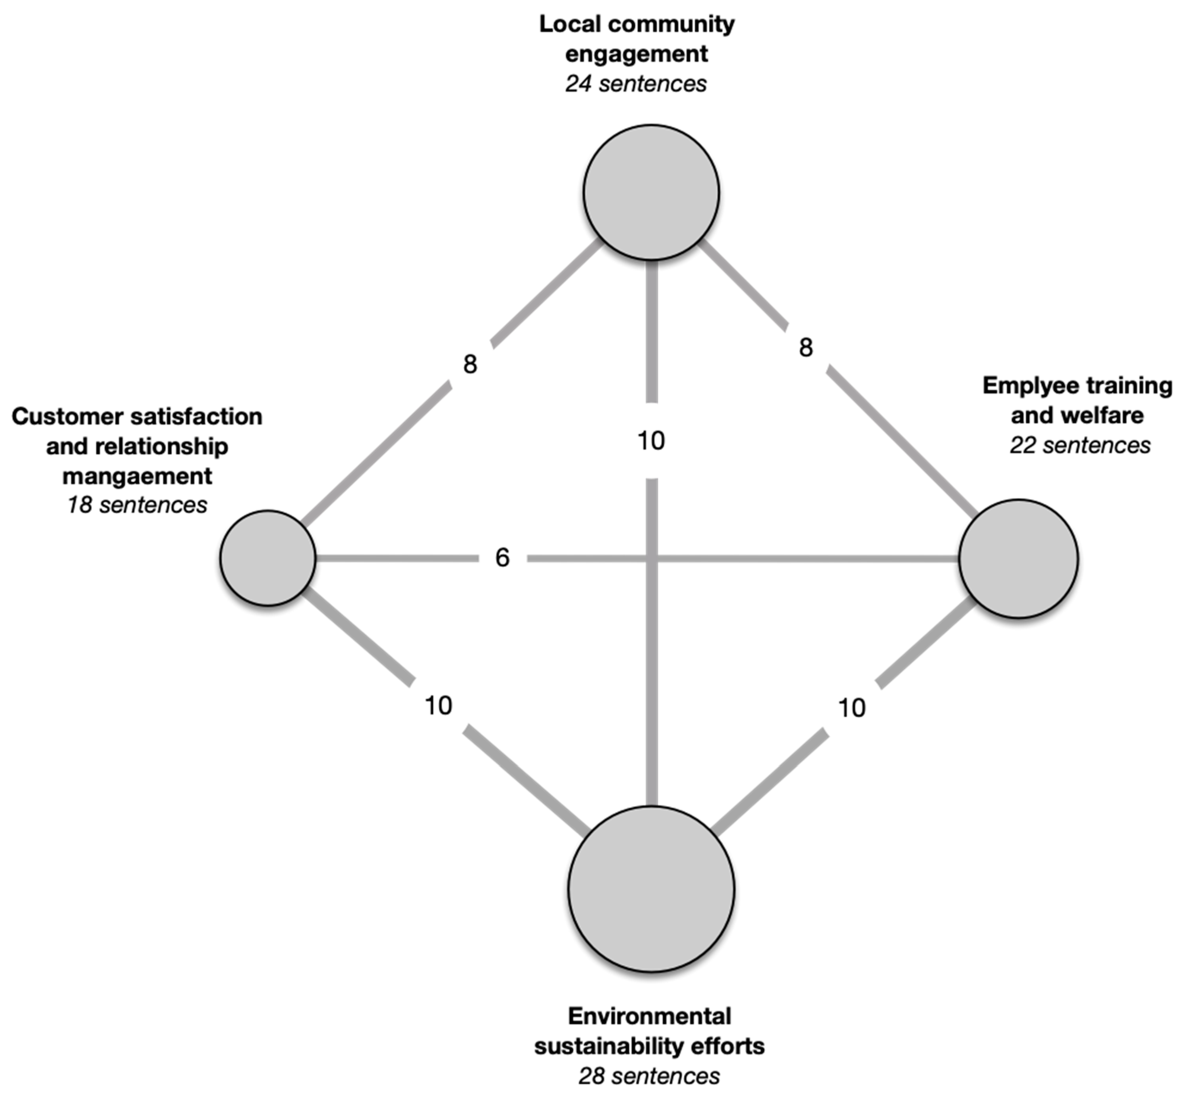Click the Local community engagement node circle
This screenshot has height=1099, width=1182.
[651, 192]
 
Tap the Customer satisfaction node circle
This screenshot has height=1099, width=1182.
[267, 557]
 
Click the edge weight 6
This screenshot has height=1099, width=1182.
[502, 557]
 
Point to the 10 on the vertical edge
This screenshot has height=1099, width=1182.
[651, 440]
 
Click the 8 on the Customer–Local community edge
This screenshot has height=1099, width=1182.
[470, 364]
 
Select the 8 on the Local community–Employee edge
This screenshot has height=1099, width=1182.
[806, 347]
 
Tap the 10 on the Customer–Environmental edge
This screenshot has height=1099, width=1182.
[438, 706]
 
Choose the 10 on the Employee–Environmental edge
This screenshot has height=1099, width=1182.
[852, 707]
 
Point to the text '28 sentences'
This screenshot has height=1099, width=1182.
[649, 1076]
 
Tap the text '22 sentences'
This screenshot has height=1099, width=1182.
[1080, 445]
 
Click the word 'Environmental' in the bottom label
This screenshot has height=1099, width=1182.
[649, 1016]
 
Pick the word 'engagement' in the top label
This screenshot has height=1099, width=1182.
[636, 54]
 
